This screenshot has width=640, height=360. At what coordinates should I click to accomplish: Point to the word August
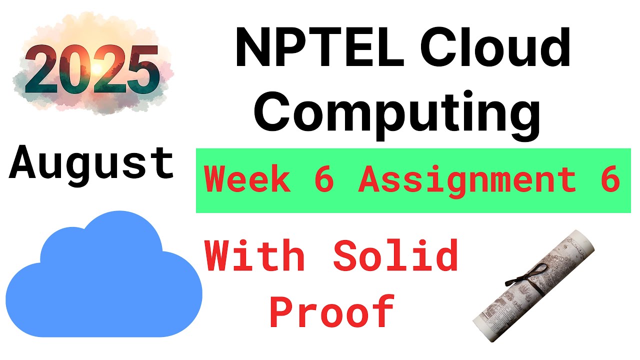pyautogui.click(x=91, y=163)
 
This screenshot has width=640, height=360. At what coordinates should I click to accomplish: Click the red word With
pyautogui.click(x=255, y=255)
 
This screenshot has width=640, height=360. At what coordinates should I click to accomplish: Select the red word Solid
pyautogui.click(x=395, y=255)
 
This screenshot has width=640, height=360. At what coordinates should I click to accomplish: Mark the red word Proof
pyautogui.click(x=332, y=311)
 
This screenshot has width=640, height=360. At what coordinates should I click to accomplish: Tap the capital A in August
pyautogui.click(x=23, y=162)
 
